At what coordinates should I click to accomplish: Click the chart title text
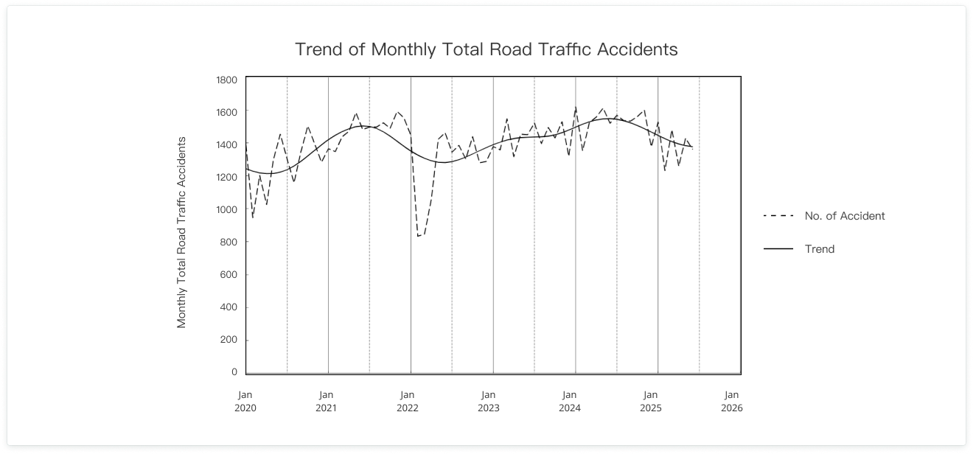tap(486, 49)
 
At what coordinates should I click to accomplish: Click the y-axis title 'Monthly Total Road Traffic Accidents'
tap(181, 232)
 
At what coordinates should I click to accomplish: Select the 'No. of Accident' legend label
tap(845, 216)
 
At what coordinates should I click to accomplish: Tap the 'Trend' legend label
tap(820, 249)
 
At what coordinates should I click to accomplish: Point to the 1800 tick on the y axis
tap(226, 80)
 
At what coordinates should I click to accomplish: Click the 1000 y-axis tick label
tap(226, 209)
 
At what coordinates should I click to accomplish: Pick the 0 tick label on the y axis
tap(233, 372)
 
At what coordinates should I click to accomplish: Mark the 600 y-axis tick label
tap(229, 275)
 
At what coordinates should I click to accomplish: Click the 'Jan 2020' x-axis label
tap(245, 401)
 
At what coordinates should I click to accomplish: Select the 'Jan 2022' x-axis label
tap(408, 401)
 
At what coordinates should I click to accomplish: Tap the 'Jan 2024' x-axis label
tap(570, 401)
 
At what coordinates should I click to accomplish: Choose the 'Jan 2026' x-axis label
tap(731, 401)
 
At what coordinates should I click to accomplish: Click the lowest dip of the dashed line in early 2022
tap(418, 237)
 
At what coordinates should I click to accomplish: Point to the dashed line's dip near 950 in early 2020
tap(253, 217)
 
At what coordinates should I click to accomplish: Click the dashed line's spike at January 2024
tap(576, 108)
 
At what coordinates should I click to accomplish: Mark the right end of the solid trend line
tap(692, 147)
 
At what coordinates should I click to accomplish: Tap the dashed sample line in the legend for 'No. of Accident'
tap(778, 216)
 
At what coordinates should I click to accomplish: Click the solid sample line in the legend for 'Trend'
tap(778, 249)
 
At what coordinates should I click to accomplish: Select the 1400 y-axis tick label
tap(226, 144)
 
